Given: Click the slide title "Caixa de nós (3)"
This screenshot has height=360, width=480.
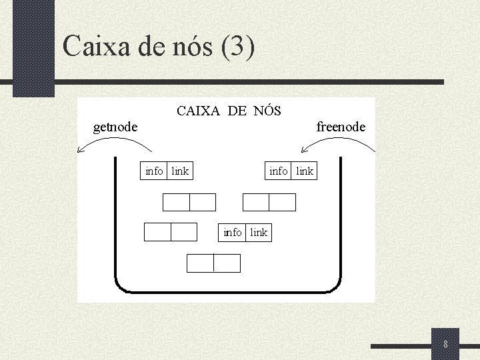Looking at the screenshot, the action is [x=158, y=47].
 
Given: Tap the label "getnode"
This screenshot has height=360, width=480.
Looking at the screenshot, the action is [x=115, y=127].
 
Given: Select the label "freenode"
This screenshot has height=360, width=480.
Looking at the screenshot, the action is [x=341, y=127].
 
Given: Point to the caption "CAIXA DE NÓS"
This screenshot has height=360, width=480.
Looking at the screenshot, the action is [x=229, y=111].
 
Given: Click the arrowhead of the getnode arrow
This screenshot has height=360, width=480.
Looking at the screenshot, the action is [x=81, y=151].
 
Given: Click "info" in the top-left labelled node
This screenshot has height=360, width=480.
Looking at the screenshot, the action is [x=154, y=171].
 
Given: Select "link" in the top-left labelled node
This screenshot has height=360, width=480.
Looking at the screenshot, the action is [x=180, y=171].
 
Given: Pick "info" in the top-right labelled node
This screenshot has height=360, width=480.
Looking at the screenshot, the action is [x=279, y=171].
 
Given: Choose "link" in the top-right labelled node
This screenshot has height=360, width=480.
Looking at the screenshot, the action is [x=304, y=171].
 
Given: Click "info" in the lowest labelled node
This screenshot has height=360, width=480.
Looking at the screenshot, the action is [x=233, y=232].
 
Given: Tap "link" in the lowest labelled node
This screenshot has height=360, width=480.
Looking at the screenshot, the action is [x=259, y=232].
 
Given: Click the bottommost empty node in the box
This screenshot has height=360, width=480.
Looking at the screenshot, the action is [x=213, y=263].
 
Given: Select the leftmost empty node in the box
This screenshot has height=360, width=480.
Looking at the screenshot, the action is [x=171, y=231].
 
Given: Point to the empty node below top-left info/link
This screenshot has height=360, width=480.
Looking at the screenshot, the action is [x=189, y=202].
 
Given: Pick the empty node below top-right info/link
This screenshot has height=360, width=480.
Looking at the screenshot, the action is [x=269, y=202].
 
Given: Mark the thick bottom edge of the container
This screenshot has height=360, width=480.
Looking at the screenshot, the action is [x=227, y=291].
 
